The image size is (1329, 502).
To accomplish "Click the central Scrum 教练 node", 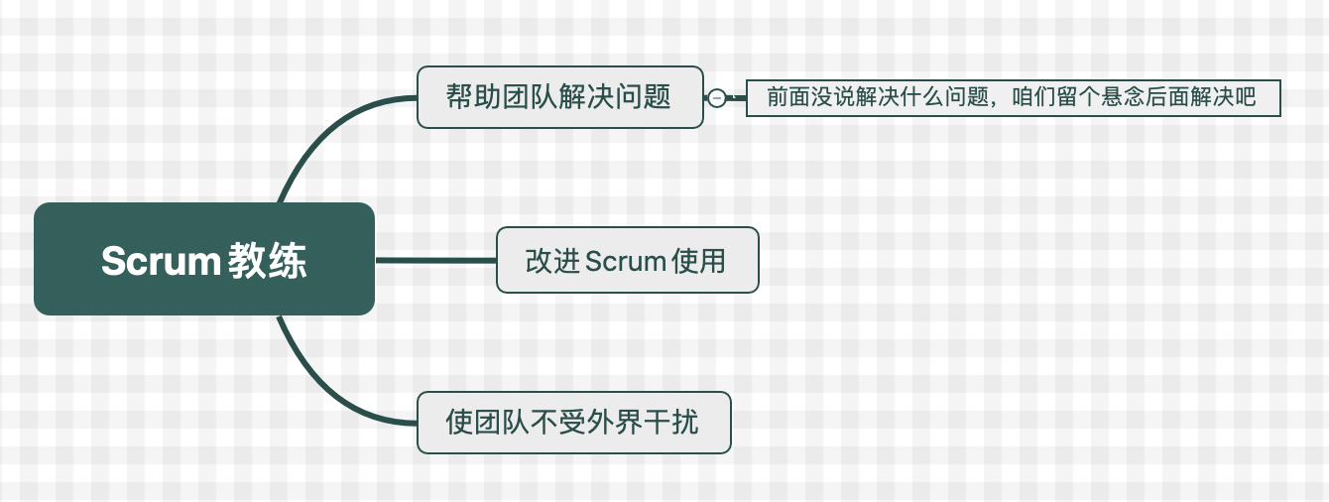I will pos(203,259).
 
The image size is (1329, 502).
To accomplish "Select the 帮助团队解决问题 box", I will pos(559,97).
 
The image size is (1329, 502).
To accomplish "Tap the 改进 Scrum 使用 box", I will pos(627,260).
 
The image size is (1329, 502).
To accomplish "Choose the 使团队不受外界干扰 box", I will pos(573,423).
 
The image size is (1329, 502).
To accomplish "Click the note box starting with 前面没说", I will pos(1013,97).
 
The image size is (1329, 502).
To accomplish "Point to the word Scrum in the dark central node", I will pos(160,261).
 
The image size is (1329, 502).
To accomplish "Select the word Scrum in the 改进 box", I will pos(625,261).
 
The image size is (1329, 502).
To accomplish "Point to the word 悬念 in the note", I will pos(1125,97).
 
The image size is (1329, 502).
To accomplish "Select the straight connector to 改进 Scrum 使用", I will pos(436,260).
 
